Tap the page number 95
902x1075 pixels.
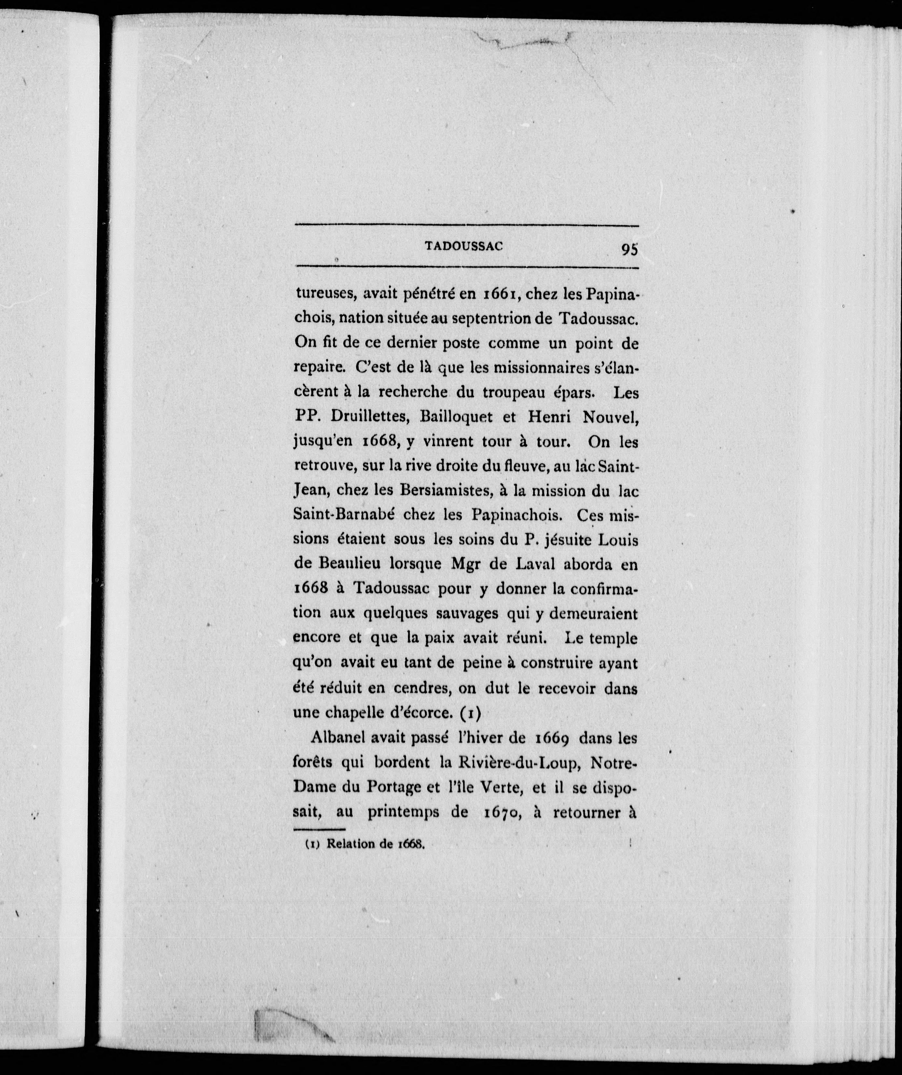pos(629,249)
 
